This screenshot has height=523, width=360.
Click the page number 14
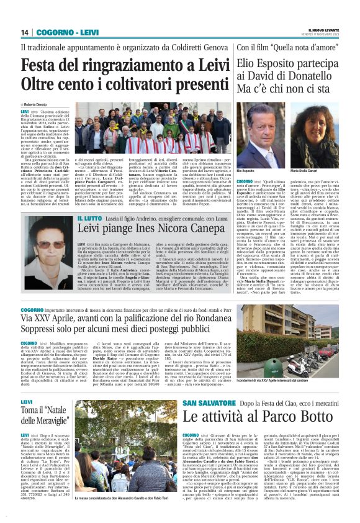25,32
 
